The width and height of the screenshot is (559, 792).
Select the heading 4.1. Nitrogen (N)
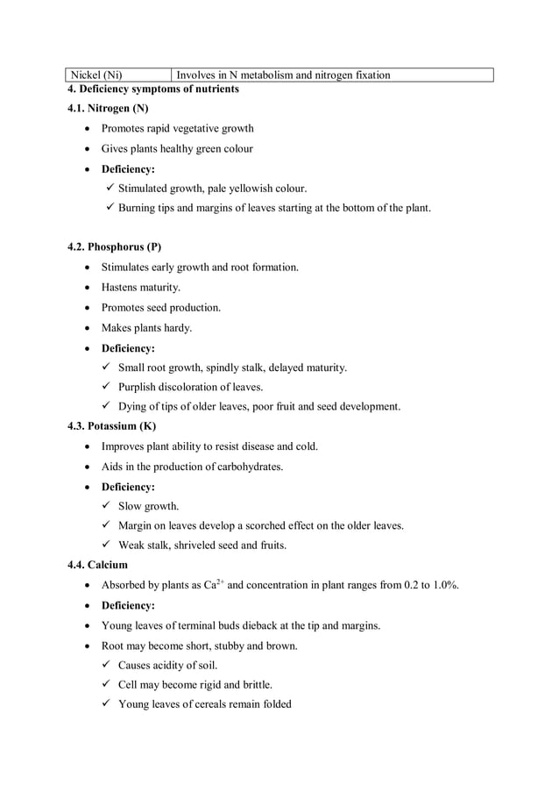[108, 109]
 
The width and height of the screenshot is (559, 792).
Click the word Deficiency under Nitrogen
[127, 169]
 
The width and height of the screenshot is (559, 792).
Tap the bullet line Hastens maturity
[140, 288]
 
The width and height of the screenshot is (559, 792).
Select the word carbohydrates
[245, 467]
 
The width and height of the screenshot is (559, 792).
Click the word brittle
[254, 685]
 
